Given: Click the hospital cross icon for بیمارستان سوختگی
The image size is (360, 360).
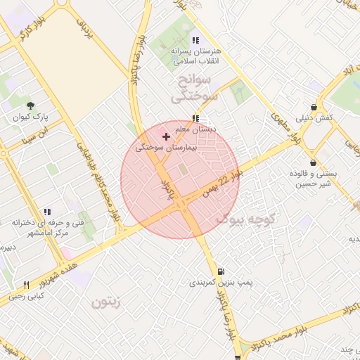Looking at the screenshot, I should [x=166, y=136].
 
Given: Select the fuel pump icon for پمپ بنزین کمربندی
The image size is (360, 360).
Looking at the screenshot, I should [x=221, y=271].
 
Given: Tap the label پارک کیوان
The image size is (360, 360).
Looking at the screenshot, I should [x=30, y=117].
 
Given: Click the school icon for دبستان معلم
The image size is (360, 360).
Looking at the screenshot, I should [x=195, y=118].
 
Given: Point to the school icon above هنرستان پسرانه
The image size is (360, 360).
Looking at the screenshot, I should [x=195, y=40].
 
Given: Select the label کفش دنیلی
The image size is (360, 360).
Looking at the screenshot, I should [x=316, y=118].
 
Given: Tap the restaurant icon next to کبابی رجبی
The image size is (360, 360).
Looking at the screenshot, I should [x=27, y=285].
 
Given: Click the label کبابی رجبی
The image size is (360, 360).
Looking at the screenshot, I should [x=27, y=296].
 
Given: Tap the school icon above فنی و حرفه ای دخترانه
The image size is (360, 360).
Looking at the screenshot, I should [x=47, y=211].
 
